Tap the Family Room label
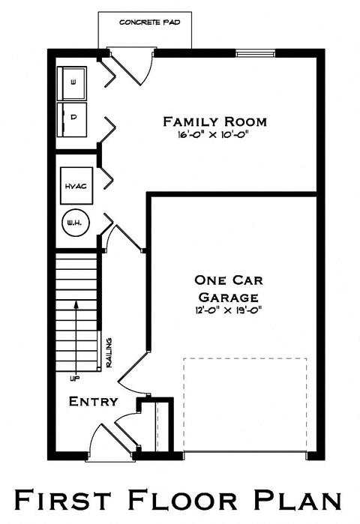pos(215,121)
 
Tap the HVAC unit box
pos(76,185)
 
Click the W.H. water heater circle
pos(76,223)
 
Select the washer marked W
pos(73,82)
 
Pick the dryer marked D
pos(73,117)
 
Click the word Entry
pos(93,402)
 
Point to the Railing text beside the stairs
pos(109,352)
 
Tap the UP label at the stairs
pos(75,378)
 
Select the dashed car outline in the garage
pos(245,405)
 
